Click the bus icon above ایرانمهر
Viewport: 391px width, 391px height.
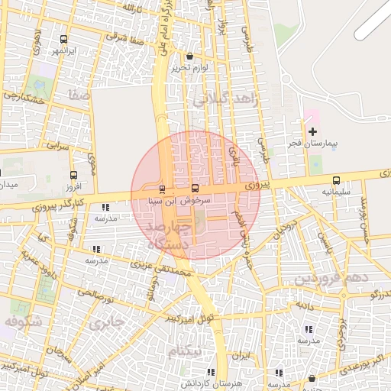click(x=63, y=39)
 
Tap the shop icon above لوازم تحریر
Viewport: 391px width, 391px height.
click(x=189, y=57)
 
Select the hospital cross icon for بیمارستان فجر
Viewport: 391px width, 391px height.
click(x=312, y=132)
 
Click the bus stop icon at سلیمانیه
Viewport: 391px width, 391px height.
click(x=336, y=180)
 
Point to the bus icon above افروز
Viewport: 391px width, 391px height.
click(x=73, y=175)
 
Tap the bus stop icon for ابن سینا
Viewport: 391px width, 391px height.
click(x=162, y=189)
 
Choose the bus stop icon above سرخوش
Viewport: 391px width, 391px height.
click(x=194, y=188)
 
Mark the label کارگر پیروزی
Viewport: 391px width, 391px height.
click(x=60, y=204)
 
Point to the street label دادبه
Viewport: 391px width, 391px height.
click(x=305, y=305)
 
